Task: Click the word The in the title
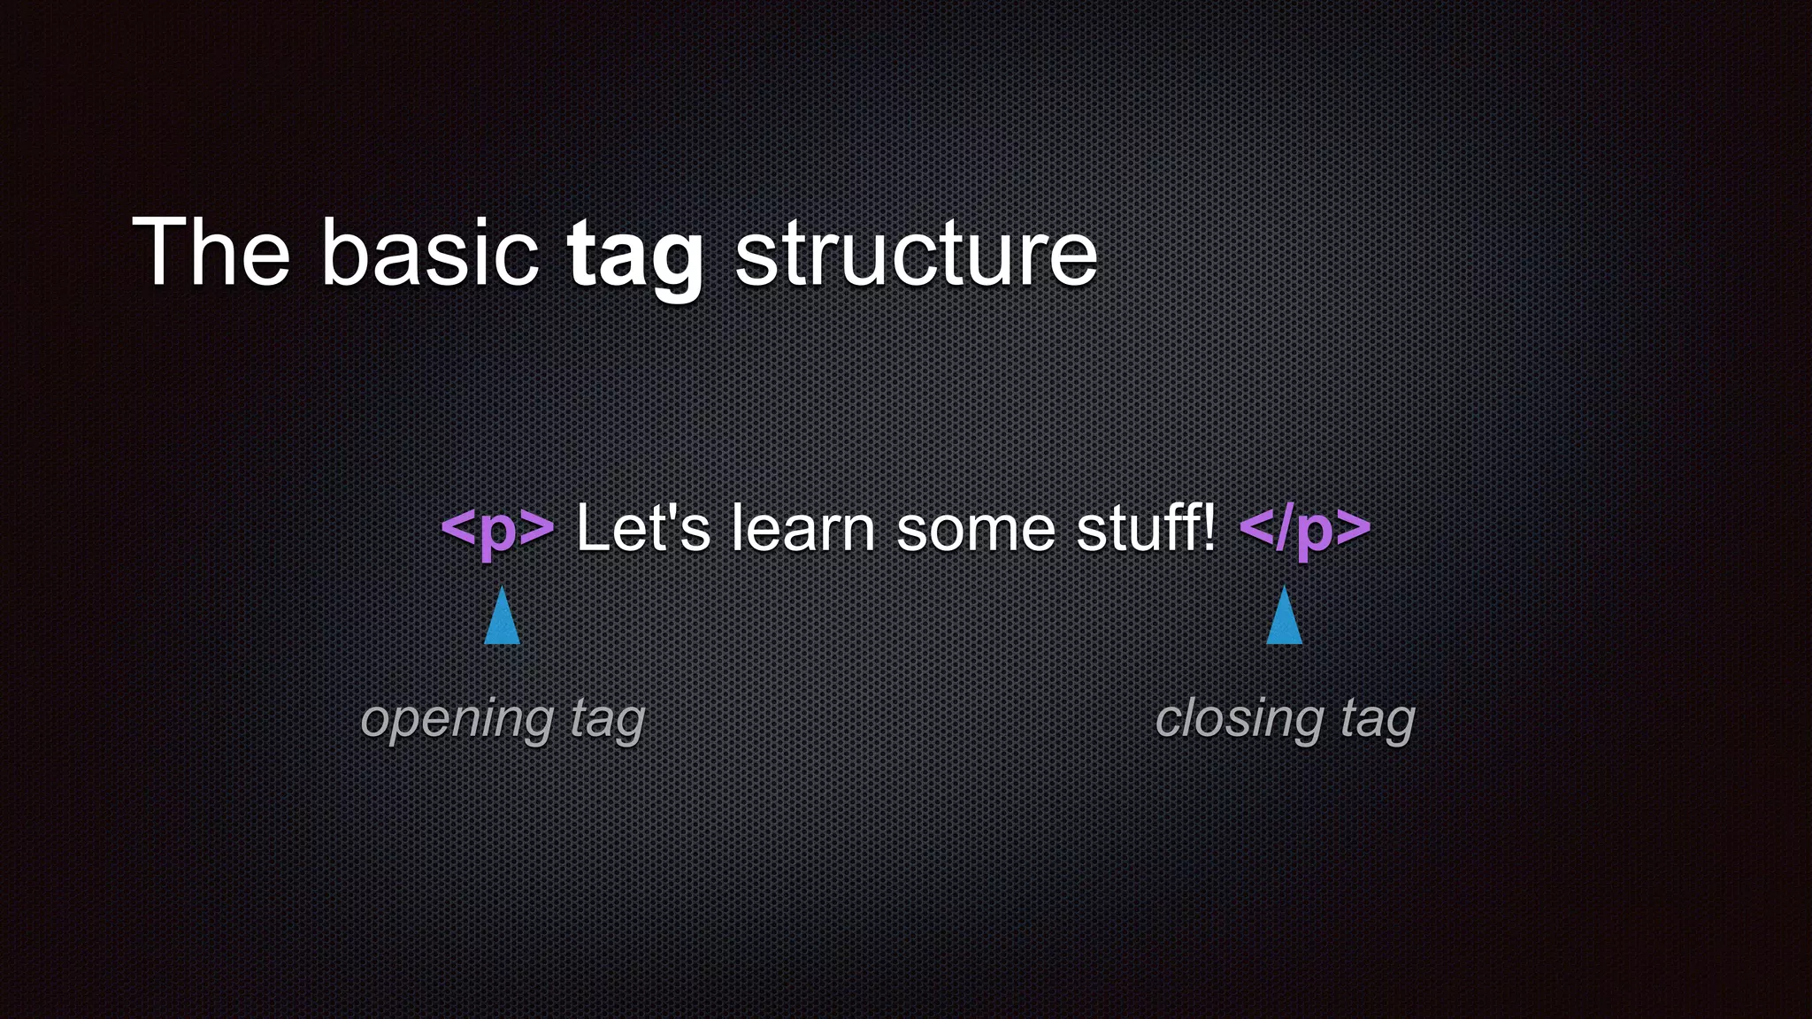211,254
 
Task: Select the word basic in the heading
429,254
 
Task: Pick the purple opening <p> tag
497,529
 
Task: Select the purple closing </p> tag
1306,529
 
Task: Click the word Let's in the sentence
643,529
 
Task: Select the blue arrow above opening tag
502,617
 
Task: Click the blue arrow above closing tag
1284,617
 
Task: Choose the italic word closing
1239,718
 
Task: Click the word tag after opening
607,720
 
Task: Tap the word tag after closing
1377,720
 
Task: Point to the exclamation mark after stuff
1209,527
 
